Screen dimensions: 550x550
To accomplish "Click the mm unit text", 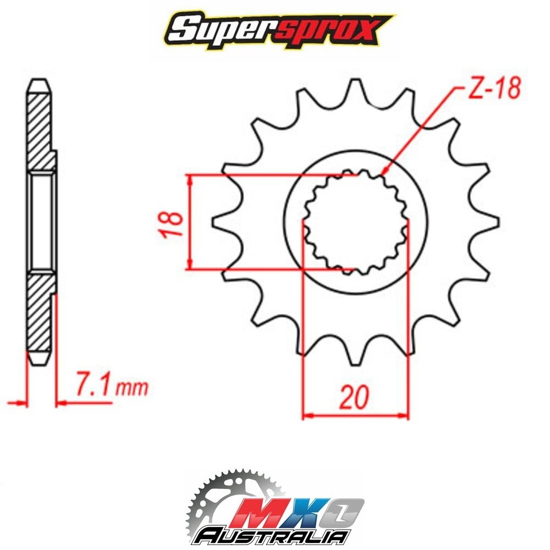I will (x=132, y=388).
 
